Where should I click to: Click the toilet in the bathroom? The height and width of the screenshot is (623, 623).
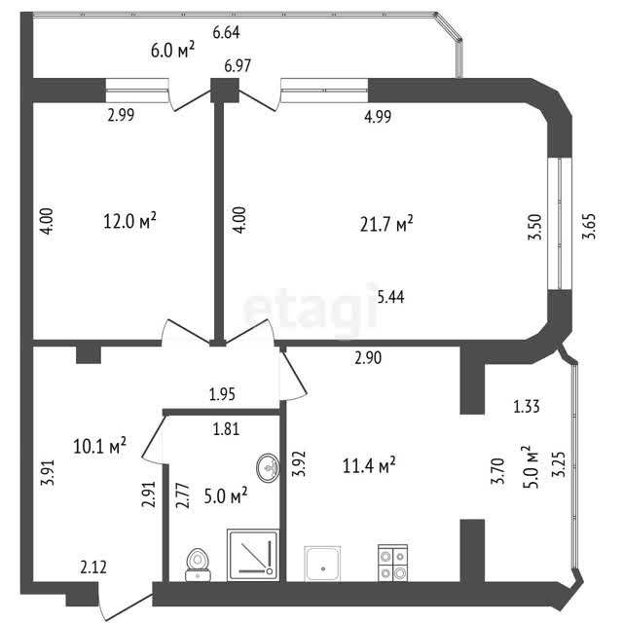point(198,565)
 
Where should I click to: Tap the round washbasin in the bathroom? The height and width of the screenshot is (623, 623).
point(269,467)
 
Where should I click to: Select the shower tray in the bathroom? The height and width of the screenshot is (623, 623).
point(253,555)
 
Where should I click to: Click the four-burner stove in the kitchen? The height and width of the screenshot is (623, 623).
point(392,563)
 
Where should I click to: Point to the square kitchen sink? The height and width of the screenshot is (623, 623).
point(322,564)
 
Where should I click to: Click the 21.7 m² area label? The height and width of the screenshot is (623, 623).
point(386,224)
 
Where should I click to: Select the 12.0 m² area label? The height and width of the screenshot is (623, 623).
point(129,220)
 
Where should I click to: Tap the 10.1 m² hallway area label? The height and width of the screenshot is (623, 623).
point(99,446)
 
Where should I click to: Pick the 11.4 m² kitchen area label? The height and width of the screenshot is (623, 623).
point(369,465)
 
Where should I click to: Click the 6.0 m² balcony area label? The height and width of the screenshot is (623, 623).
point(172,50)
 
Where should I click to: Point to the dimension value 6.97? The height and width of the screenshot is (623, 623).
point(238,65)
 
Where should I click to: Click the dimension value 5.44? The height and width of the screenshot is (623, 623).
point(390,297)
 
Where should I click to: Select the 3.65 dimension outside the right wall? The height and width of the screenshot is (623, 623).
point(589,227)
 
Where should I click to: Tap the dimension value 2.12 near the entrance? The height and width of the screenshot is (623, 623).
point(93,567)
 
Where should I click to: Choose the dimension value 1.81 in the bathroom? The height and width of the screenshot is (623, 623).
point(226,429)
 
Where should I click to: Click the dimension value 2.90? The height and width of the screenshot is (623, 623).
point(368,357)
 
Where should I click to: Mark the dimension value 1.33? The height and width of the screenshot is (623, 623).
point(527,407)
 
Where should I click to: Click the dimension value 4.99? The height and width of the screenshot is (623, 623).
point(378,116)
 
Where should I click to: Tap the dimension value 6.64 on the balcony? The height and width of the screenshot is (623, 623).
point(226,32)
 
